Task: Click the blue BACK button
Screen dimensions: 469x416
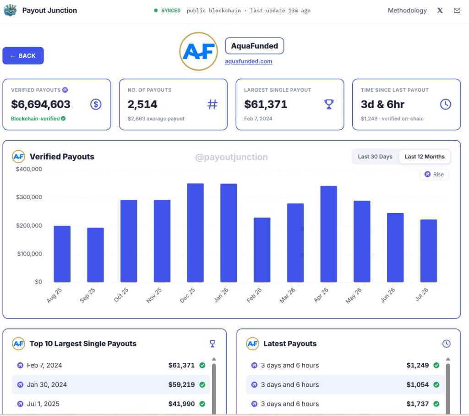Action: [x=23, y=56]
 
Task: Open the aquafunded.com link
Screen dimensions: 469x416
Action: [x=249, y=61]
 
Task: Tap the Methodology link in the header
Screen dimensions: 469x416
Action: [x=407, y=11]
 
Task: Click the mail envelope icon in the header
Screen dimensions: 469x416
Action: [x=457, y=11]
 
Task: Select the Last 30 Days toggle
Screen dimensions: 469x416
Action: [x=375, y=157]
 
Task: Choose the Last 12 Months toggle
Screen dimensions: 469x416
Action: [x=425, y=157]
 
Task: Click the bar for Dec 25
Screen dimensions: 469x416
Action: [x=195, y=233]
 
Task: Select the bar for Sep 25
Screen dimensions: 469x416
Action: [x=95, y=255]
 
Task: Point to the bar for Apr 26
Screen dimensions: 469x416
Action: [x=328, y=234]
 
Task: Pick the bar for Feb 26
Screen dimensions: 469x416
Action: [x=262, y=250]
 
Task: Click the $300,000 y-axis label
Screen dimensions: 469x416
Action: [x=29, y=197]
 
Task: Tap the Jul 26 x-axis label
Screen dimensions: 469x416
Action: [x=422, y=294]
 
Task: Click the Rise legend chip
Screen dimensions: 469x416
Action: [x=434, y=175]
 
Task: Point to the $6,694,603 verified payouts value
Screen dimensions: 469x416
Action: [x=41, y=104]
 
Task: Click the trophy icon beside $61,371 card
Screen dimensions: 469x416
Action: [x=329, y=104]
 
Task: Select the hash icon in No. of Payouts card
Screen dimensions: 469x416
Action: [x=213, y=104]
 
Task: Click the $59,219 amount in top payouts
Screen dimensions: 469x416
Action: [x=181, y=384]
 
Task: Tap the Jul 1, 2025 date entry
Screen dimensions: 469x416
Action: [x=43, y=404]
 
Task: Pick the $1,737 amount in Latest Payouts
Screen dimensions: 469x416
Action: [x=418, y=404]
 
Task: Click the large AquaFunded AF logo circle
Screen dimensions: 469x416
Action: [x=199, y=51]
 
